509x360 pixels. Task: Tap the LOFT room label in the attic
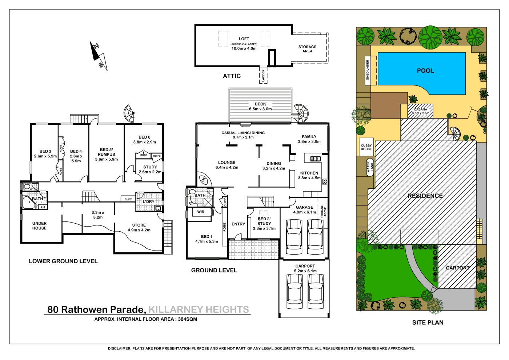[x=244, y=39]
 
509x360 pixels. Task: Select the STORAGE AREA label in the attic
[x=307, y=49]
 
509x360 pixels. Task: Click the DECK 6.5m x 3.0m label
[x=260, y=107]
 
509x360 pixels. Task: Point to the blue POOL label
[x=425, y=71]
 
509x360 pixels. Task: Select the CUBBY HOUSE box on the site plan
[x=366, y=147]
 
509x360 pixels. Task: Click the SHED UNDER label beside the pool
[x=368, y=70]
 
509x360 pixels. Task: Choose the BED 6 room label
[x=144, y=137]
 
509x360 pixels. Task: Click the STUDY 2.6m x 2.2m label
[x=150, y=169]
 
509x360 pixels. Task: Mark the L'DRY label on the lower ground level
[x=148, y=201]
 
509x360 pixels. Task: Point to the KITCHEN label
[x=309, y=173]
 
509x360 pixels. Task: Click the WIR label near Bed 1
[x=201, y=212]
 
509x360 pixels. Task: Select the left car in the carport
[x=294, y=291]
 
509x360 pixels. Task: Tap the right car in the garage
[x=315, y=237]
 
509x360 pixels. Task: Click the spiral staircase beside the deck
[x=301, y=112]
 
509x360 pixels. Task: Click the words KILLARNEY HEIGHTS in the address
[x=199, y=309]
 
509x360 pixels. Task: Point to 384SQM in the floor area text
[x=187, y=319]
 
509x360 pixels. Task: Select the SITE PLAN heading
[x=428, y=323]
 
